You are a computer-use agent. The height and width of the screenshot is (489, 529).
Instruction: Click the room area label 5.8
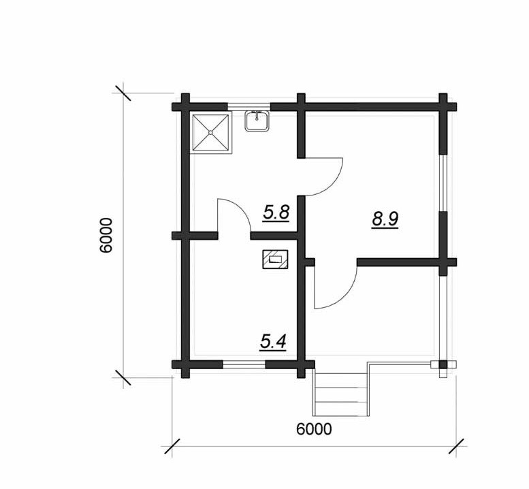[276, 213]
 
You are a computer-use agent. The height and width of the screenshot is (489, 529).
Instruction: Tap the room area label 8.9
[385, 219]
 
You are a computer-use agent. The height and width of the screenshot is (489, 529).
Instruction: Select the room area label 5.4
[273, 342]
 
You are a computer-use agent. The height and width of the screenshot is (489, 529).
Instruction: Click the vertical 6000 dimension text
[106, 235]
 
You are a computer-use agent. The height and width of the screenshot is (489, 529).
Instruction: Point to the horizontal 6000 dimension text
[314, 429]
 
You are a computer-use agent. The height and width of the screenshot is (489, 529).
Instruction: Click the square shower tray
[211, 133]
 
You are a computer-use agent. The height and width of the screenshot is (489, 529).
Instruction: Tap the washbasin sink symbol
[257, 121]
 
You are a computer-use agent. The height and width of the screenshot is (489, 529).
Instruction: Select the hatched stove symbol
[275, 259]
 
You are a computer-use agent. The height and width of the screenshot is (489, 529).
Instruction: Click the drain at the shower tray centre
[211, 133]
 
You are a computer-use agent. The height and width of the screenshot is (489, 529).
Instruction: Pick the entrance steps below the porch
[340, 392]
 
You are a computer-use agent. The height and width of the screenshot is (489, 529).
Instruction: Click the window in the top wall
[249, 107]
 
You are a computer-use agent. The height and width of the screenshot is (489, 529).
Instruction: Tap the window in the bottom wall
[244, 364]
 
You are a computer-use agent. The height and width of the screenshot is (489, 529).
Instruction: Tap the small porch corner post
[443, 365]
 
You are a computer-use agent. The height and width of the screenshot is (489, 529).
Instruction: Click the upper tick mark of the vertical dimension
[123, 93]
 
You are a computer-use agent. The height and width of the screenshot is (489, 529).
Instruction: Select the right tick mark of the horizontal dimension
[456, 446]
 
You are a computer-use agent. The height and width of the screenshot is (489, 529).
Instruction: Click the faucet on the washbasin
[257, 116]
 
